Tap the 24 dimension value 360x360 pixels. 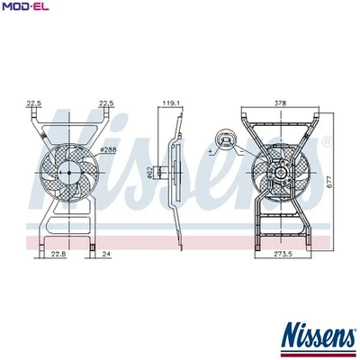[x=105, y=256]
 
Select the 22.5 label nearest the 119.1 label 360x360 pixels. [x=106, y=104]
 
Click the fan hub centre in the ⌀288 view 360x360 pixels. [x=67, y=169]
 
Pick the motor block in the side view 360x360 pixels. [x=161, y=171]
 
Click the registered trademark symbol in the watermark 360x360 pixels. [x=326, y=142]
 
